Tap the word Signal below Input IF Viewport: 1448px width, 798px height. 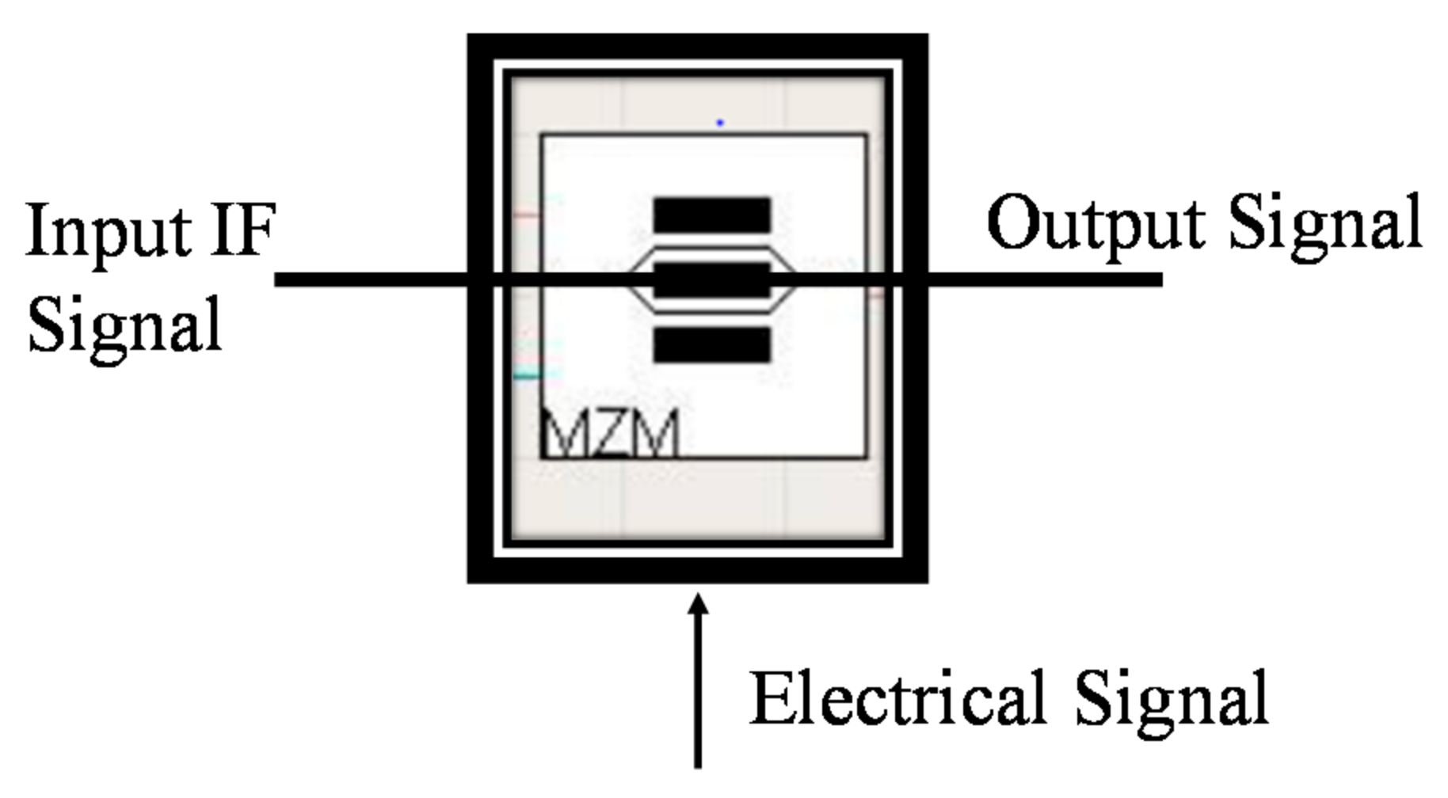(124, 325)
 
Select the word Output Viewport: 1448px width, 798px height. (1098, 224)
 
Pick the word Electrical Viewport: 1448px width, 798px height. (896, 697)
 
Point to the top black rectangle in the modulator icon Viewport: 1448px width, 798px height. (711, 215)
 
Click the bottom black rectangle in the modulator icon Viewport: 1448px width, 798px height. (711, 345)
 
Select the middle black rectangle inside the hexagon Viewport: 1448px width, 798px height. (711, 279)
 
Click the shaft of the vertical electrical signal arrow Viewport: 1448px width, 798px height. (698, 697)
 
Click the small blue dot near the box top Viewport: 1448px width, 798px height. (719, 123)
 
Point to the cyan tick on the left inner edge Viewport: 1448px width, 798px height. (528, 375)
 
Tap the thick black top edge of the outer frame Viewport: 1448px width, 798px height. (697, 47)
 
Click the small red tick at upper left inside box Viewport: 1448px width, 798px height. (526, 215)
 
